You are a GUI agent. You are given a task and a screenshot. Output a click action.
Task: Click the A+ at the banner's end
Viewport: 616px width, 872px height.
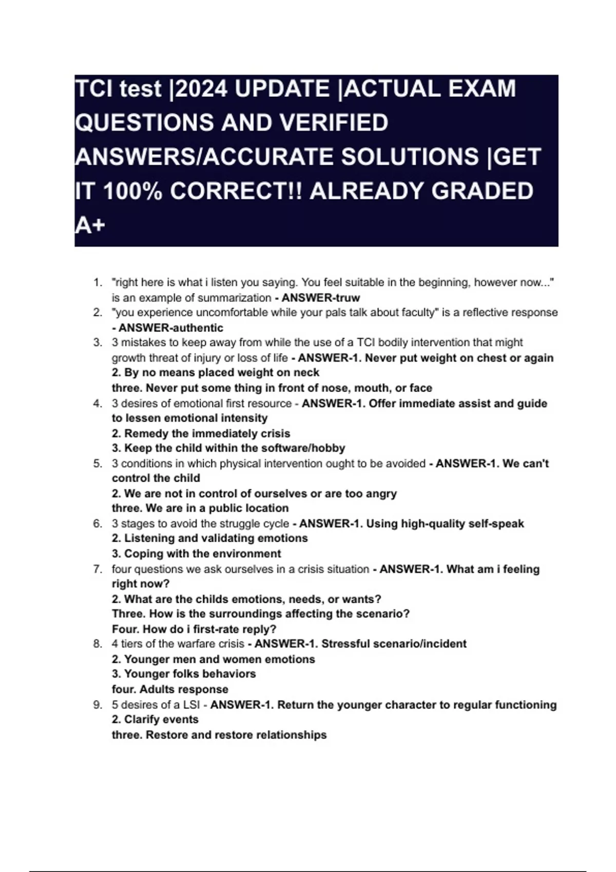[x=90, y=225]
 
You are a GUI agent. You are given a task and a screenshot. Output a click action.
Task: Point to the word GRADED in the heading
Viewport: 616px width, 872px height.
[x=482, y=191]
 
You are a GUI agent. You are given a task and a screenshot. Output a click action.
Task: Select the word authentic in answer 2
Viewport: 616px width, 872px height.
[x=197, y=328]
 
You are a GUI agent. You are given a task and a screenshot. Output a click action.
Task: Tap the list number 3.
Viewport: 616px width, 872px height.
[x=98, y=343]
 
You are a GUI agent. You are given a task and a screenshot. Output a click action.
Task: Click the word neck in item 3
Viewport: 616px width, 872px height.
[x=307, y=372]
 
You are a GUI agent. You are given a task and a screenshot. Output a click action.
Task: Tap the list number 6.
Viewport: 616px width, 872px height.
[x=98, y=524]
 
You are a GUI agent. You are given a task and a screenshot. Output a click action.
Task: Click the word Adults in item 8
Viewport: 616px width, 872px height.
[x=156, y=689]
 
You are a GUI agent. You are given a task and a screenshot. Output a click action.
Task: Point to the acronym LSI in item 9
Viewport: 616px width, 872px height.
[x=191, y=705]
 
